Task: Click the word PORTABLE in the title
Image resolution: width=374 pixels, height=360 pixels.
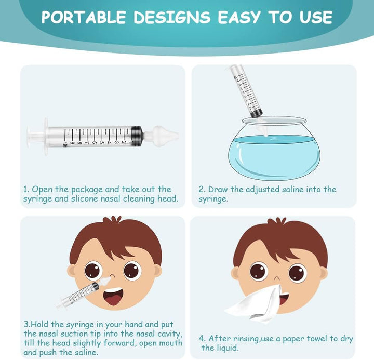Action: coord(83,18)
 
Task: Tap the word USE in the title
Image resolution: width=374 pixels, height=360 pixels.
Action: coord(313,18)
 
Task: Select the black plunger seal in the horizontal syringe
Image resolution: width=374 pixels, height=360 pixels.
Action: coord(137,136)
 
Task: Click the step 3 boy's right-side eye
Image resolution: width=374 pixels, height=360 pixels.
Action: coord(131,270)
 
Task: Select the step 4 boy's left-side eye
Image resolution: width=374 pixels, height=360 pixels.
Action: coord(258,271)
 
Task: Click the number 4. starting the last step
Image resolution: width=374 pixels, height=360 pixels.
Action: coord(203,339)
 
